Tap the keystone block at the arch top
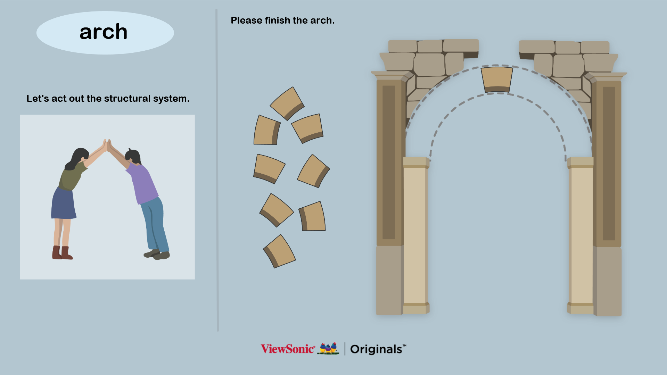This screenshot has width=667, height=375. pos(497,80)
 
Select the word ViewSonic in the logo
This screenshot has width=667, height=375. pos(288,349)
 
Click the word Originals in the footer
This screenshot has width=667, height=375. pos(376,349)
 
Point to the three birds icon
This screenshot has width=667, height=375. pos(329,348)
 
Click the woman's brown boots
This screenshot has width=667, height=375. pos(62,253)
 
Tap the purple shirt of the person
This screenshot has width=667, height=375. pos(143,183)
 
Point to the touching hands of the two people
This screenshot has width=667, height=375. pos(107,145)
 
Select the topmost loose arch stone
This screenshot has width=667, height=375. pos(287,103)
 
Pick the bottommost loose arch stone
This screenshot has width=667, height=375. pos(279,251)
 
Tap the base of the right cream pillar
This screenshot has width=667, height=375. pos(581,308)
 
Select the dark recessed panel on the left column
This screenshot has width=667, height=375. pos(389,162)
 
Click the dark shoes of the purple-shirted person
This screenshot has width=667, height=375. pos(157,255)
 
